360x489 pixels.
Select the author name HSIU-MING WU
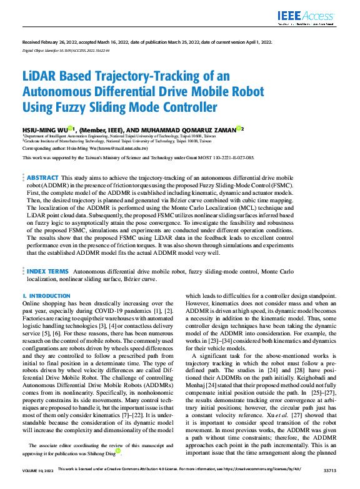tap(46, 129)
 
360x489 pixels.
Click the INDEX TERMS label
tap(47, 272)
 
